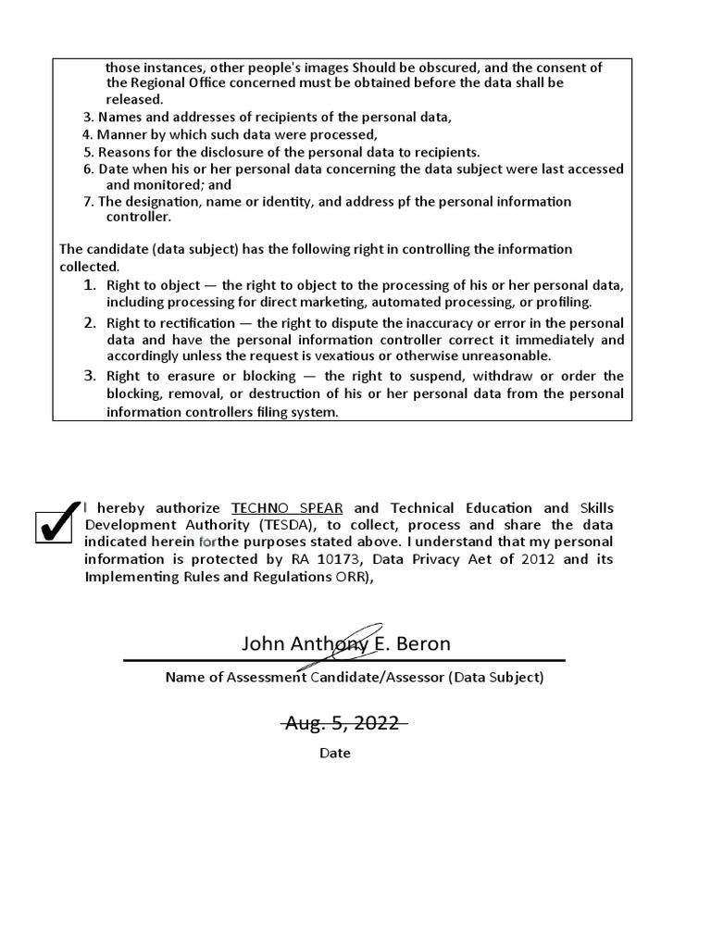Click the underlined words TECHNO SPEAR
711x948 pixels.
pyautogui.click(x=287, y=508)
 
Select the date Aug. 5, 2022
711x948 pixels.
pyautogui.click(x=343, y=723)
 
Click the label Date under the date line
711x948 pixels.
pyautogui.click(x=335, y=753)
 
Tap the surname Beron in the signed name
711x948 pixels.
pyautogui.click(x=421, y=643)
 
